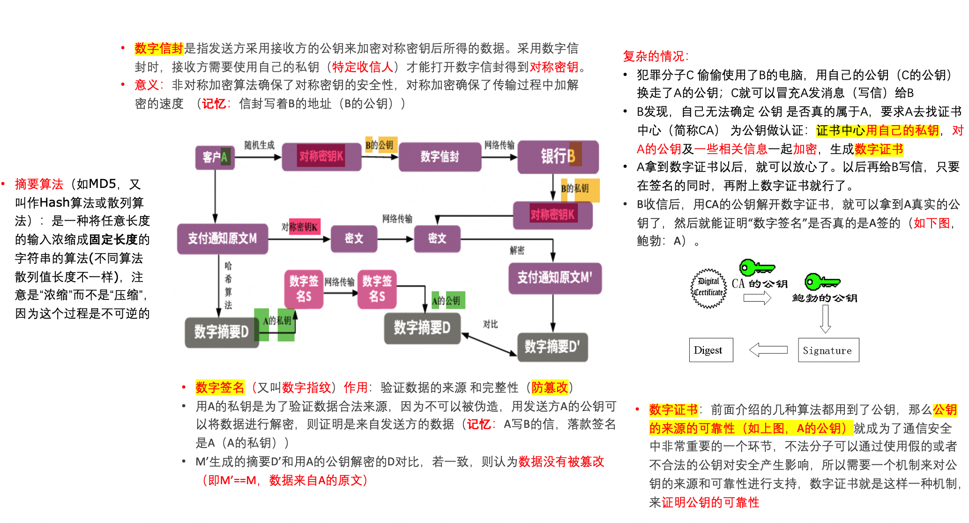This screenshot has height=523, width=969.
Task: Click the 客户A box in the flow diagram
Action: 215,157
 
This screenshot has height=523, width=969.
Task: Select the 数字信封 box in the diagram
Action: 440,157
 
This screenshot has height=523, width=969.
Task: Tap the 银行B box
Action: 558,156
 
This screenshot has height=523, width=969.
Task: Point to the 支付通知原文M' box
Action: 555,278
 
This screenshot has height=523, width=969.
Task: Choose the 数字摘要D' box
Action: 552,347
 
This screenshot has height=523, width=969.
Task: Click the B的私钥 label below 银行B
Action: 575,188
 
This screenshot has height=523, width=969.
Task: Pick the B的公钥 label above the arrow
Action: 380,145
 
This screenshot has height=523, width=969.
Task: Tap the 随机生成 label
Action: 259,145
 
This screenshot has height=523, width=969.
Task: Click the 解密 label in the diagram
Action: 517,250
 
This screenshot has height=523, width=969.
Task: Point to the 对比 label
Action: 490,324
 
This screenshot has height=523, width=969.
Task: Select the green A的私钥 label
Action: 277,321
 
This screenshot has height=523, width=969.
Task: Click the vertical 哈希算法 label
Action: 228,285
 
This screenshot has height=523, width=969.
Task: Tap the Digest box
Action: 710,350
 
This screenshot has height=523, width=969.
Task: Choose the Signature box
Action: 828,350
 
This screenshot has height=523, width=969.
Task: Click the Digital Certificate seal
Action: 708,288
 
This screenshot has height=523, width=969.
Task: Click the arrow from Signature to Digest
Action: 768,350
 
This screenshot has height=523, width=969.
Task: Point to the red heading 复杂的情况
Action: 655,56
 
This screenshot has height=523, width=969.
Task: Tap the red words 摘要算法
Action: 39,184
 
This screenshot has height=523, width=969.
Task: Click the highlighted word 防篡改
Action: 549,388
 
